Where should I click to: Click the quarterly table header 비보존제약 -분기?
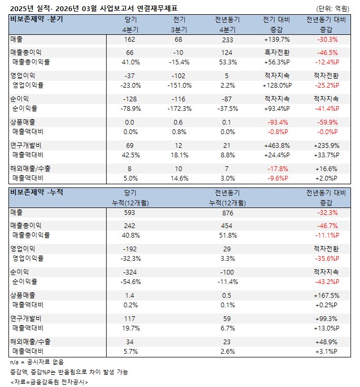[x=36, y=20]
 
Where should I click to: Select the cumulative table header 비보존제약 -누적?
[x=36, y=192]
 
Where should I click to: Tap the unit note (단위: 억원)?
[x=333, y=8]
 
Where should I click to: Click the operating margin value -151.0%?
[x=179, y=85]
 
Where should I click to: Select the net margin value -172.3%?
[x=179, y=108]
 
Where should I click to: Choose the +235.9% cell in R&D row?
[x=326, y=145]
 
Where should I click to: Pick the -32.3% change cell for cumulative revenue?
[x=326, y=212]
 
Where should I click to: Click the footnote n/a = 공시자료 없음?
[x=37, y=362]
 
